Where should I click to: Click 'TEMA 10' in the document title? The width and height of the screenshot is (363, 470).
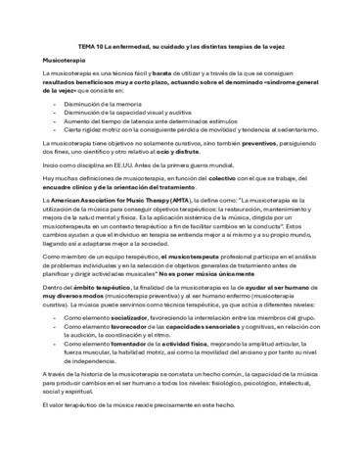[90, 45]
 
